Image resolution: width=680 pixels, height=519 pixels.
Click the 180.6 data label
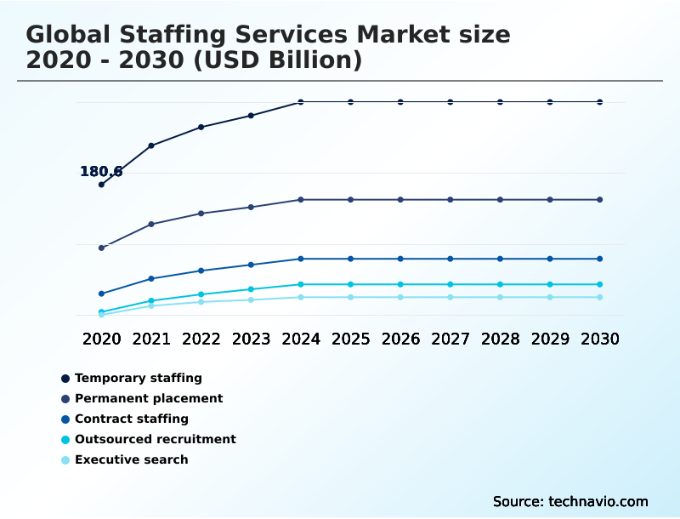101,171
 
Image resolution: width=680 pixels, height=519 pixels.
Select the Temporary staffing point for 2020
101,185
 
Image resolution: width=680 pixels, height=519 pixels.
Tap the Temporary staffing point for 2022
201,127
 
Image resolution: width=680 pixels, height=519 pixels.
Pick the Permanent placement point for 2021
151,224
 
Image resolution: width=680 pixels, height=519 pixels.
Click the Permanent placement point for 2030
599,200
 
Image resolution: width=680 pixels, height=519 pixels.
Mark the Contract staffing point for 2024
301,259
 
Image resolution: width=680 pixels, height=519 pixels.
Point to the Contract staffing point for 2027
450,259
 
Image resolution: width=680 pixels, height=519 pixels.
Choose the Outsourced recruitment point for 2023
251,289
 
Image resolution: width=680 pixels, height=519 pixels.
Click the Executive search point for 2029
550,297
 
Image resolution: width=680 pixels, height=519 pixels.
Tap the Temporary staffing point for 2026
400,102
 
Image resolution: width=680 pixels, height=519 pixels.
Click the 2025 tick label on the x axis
350,339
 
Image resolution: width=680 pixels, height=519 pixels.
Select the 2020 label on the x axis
101,339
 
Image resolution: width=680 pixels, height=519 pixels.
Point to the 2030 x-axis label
599,339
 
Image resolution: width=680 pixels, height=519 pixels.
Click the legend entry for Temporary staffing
138,378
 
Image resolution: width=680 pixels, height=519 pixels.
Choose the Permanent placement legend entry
148,398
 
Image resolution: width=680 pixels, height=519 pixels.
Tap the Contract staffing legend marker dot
65,419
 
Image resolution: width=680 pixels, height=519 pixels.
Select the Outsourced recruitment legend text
155,439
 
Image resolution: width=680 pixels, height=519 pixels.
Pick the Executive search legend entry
131,459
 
